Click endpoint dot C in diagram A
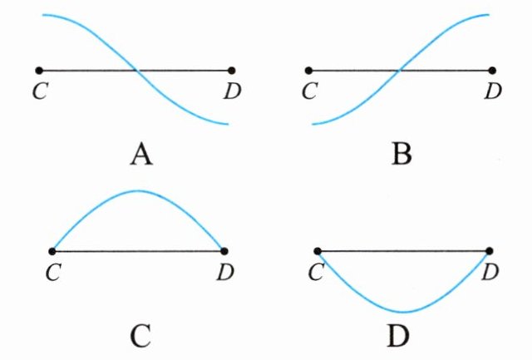[39, 71]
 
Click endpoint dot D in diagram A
[231, 71]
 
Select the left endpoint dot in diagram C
[52, 250]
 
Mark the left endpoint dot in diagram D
[318, 250]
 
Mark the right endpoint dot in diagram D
[490, 250]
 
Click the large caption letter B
[401, 155]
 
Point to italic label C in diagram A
[38, 91]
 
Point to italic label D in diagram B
[495, 91]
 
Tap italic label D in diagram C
[225, 271]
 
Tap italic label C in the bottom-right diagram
[313, 271]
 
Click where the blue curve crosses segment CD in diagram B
[400, 71]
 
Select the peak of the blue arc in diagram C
[138, 191]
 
